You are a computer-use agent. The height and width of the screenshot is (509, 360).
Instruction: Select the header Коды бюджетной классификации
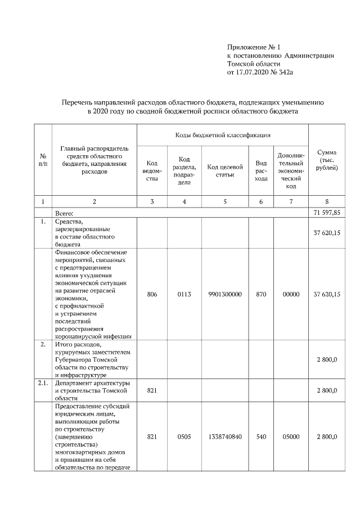pyautogui.click(x=223, y=136)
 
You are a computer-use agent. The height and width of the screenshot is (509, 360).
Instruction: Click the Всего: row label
pyautogui.click(x=65, y=214)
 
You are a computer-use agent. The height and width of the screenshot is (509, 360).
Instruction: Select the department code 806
pyautogui.click(x=152, y=294)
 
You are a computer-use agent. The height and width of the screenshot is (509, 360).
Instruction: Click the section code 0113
pyautogui.click(x=184, y=294)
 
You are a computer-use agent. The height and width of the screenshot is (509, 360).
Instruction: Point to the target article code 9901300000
pyautogui.click(x=224, y=294)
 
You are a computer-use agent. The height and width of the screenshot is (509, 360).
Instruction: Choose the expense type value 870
pyautogui.click(x=261, y=294)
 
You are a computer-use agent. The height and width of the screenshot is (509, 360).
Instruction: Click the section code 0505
pyautogui.click(x=184, y=436)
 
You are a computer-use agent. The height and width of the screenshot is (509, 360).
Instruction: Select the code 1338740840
pyautogui.click(x=224, y=436)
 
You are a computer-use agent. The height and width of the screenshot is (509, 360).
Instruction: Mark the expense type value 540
pyautogui.click(x=261, y=436)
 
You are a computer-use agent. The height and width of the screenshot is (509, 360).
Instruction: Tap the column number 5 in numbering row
pyautogui.click(x=224, y=201)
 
